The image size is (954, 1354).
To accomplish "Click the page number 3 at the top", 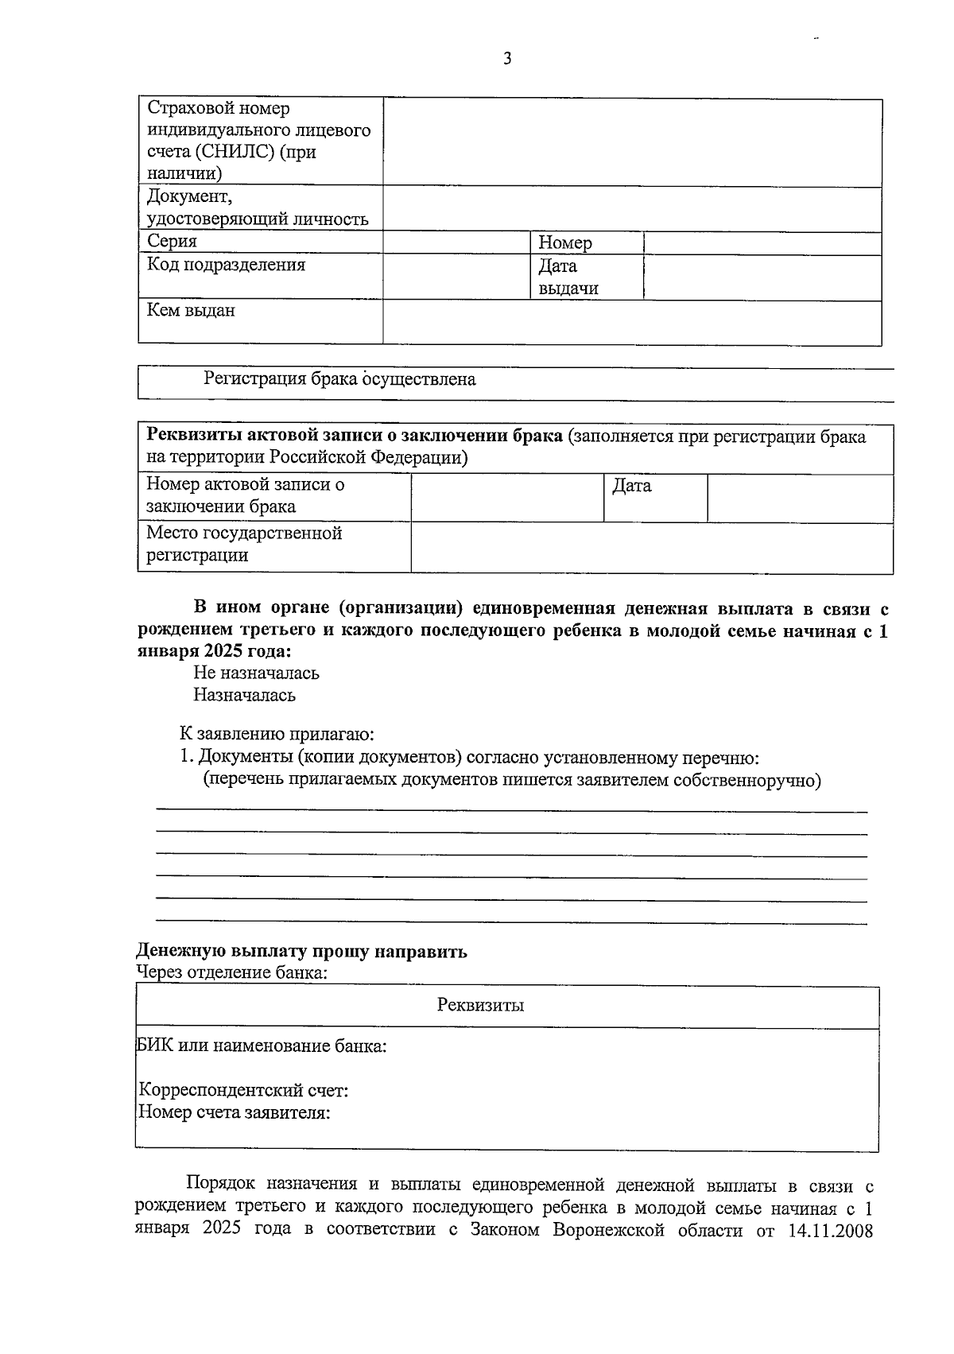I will point(507,58).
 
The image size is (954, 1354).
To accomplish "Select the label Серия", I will point(172,242).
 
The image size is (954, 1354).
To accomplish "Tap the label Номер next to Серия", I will point(564,243).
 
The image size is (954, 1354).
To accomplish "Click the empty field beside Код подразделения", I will point(456,276).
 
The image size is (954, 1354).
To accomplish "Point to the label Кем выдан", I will point(191,311).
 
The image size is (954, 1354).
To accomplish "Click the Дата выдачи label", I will point(568,277).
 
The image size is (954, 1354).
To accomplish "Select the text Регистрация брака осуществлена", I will point(339,379).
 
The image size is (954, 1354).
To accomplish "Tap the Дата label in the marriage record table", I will point(632,486).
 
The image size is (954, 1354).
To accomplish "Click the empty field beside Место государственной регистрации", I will point(651,547).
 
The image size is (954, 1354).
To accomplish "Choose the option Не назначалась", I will point(256,673).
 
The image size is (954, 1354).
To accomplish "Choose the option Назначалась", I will point(244,695).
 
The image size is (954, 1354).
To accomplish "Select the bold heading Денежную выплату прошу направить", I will point(301,952).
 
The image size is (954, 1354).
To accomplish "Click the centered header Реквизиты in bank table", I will point(480,1005).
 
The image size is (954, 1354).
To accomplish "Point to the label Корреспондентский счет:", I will point(243,1090).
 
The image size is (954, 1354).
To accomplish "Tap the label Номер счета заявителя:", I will point(235,1112).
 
